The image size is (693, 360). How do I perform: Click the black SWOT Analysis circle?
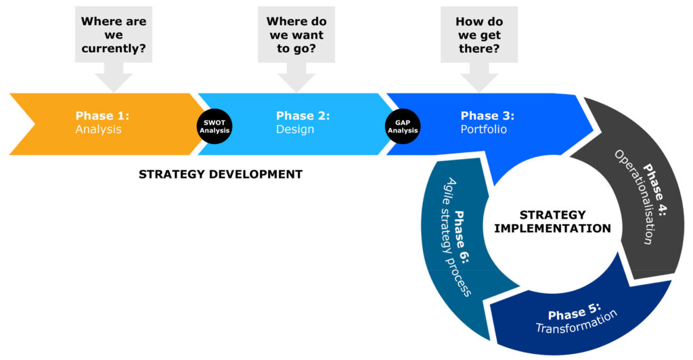pos(215,127)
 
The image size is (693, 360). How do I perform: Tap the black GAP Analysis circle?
pos(403,127)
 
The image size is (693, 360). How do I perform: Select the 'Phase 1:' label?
pos(103,116)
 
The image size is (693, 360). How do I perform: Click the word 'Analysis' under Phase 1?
pos(98,129)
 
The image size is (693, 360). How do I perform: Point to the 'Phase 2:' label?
pos(303,116)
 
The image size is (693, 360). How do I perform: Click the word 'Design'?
pos(295,129)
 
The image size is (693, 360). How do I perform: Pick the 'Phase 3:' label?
pos(487,116)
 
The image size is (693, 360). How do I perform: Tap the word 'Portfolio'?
pos(483,129)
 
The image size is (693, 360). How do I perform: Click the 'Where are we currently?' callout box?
pos(114,35)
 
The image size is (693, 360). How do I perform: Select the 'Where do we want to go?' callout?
pos(296,35)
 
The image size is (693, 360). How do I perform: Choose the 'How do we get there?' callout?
pos(479,35)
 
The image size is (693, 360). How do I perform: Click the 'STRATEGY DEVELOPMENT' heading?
pos(221,175)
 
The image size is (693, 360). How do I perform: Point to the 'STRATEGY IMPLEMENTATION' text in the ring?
pos(552,222)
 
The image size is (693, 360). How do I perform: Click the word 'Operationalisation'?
pos(633,198)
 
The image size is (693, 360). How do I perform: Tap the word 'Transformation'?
pos(577,321)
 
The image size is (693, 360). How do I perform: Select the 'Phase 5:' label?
pos(575,311)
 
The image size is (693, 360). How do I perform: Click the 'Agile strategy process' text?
pos(458,237)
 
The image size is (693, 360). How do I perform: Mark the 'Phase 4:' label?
pos(654,190)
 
